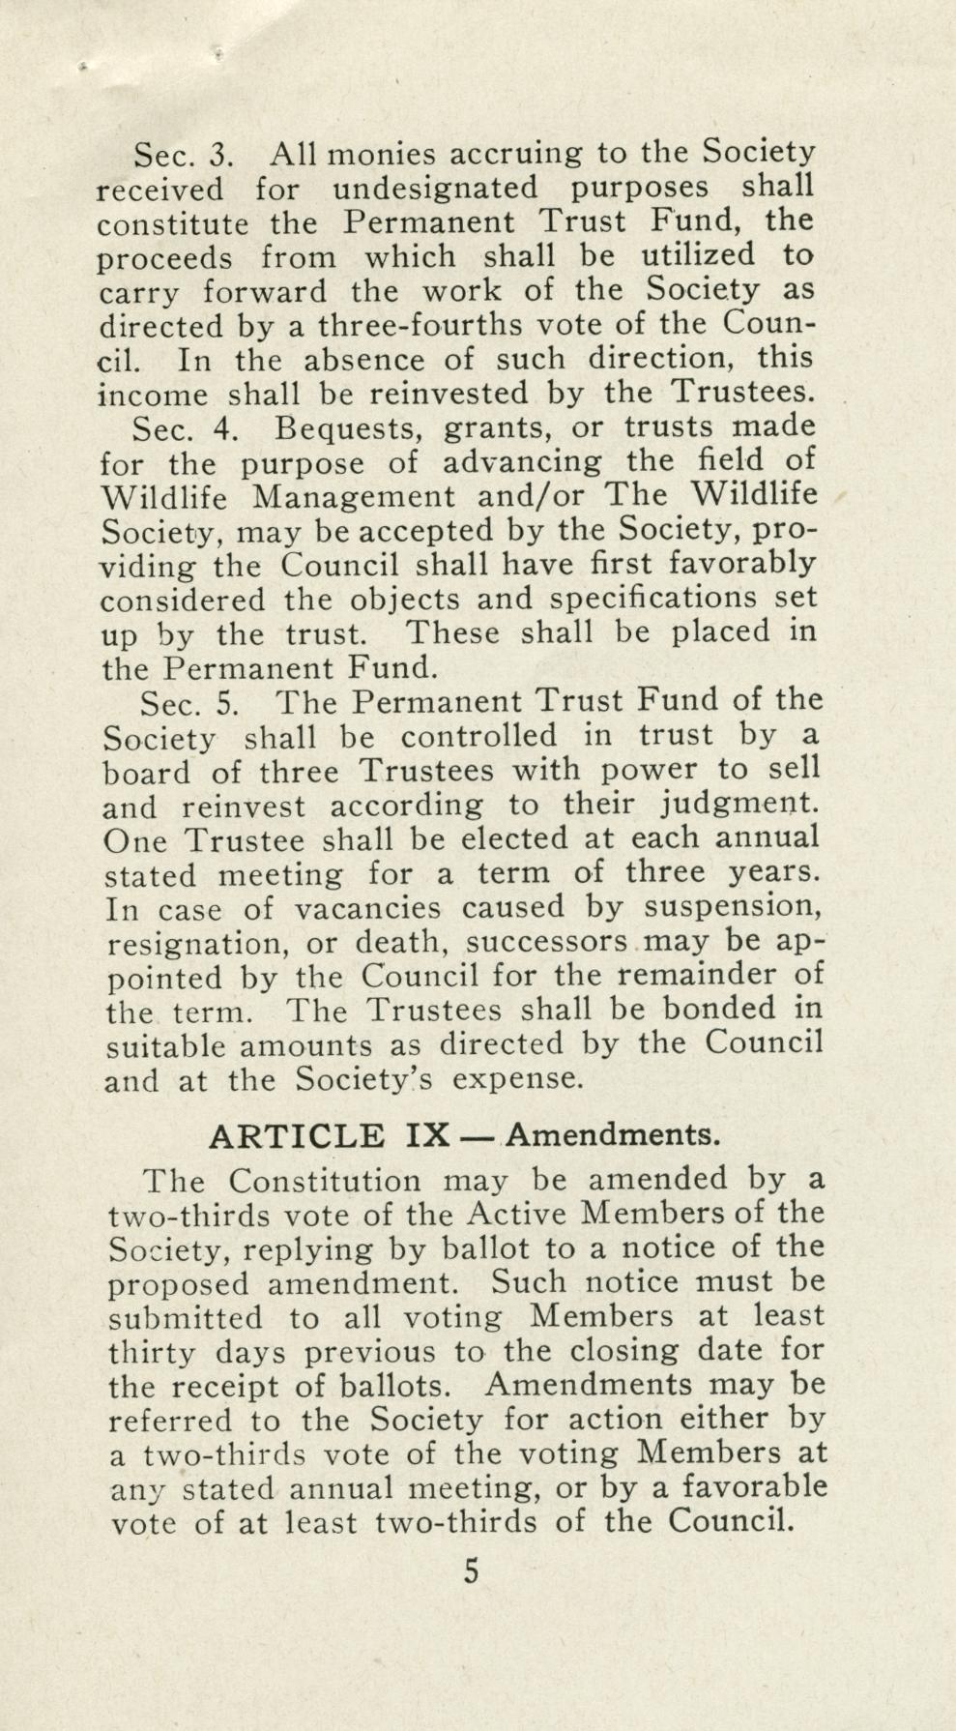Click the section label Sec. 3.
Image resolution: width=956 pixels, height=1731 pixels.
coord(185,155)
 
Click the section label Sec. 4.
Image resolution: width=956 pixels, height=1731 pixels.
coord(185,428)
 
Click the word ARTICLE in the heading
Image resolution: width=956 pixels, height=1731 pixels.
coord(296,1135)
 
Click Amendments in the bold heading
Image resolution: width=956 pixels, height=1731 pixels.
coord(613,1134)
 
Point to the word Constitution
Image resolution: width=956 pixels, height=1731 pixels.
coord(326,1182)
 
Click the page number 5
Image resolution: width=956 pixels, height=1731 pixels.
coord(471,1571)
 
